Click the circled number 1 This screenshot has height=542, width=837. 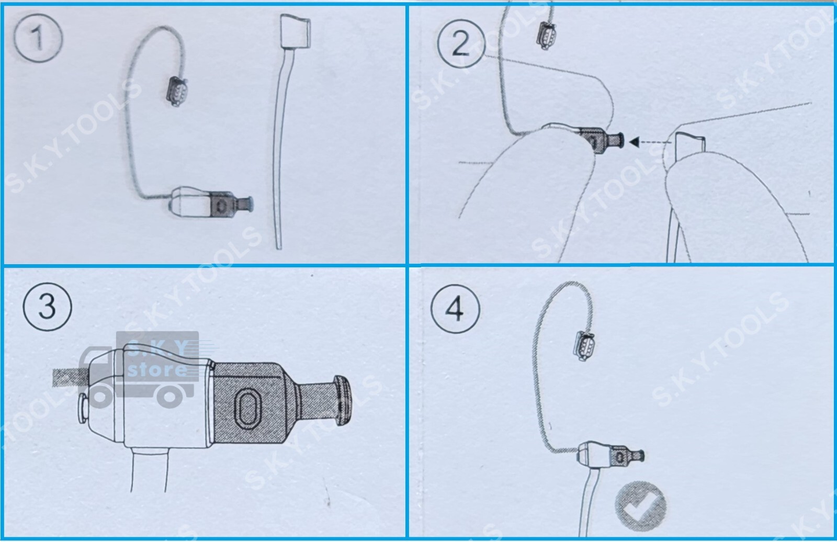(38, 38)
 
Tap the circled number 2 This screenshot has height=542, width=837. (460, 43)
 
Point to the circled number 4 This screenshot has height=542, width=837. (455, 309)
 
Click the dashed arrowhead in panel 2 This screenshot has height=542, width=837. (635, 141)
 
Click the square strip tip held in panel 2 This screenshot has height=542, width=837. (689, 148)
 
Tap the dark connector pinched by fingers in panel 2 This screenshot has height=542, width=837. (596, 140)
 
